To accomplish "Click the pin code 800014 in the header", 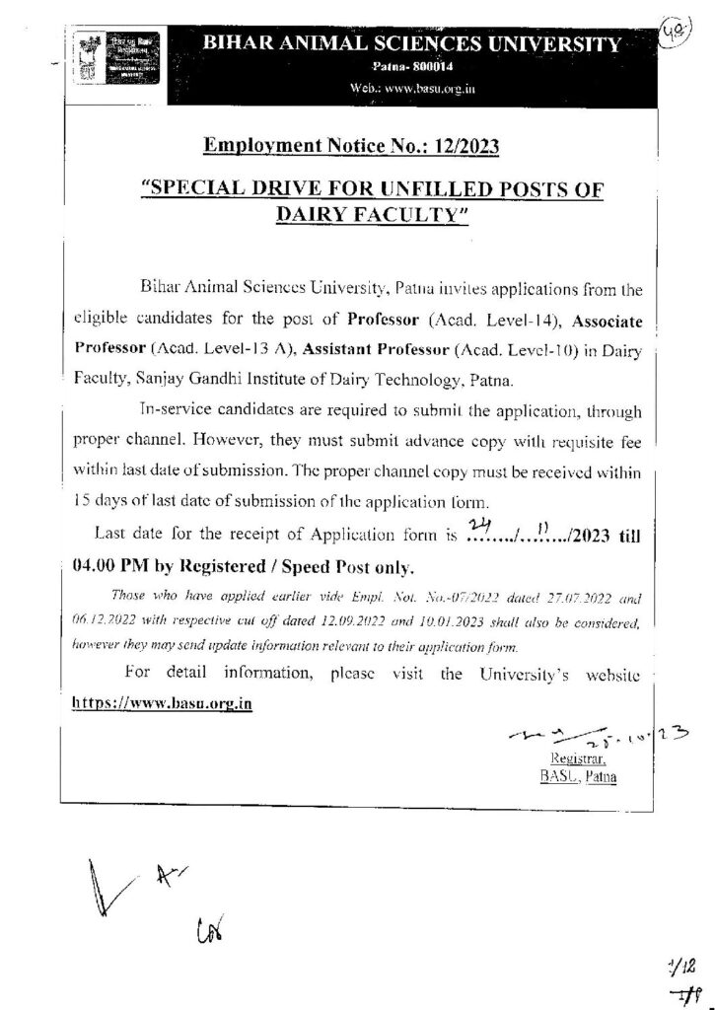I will pyautogui.click(x=417, y=66).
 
